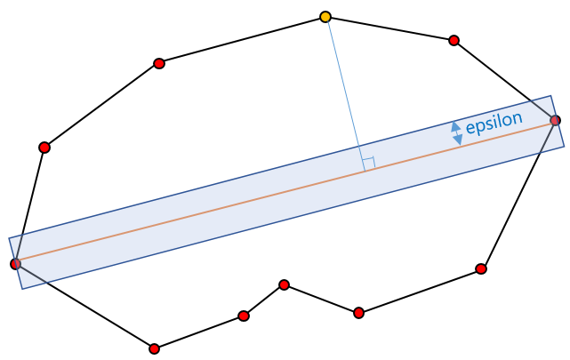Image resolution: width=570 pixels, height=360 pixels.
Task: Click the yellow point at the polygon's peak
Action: (x=325, y=17)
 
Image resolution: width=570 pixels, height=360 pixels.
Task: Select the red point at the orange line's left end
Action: (x=15, y=263)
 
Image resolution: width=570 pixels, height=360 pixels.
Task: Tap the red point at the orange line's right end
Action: (x=555, y=120)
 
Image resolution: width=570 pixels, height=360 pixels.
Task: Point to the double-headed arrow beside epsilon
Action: (x=456, y=132)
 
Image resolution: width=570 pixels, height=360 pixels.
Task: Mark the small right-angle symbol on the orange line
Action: (x=368, y=164)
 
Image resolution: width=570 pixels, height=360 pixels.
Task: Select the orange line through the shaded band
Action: (x=222, y=208)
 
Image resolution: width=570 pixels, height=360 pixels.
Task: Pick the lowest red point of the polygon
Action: (x=155, y=348)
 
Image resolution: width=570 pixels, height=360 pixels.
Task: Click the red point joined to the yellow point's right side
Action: (x=454, y=40)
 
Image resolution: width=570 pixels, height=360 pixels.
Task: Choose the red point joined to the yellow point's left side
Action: (x=159, y=63)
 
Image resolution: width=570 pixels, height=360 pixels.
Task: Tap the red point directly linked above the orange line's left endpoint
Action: (x=44, y=148)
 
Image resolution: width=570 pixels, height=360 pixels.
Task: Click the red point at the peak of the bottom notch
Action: (x=284, y=284)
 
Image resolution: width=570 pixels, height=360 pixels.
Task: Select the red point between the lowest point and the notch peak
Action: (x=244, y=316)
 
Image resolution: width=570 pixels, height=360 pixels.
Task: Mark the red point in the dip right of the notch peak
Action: (x=358, y=312)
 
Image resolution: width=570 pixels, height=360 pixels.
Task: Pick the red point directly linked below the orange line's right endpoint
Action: (x=481, y=268)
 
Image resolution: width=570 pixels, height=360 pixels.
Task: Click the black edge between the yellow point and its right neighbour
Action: (x=389, y=28)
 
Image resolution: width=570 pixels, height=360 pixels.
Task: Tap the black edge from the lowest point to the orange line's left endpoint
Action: (x=84, y=306)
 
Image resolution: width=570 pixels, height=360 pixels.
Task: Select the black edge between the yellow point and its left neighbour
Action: (x=242, y=40)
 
